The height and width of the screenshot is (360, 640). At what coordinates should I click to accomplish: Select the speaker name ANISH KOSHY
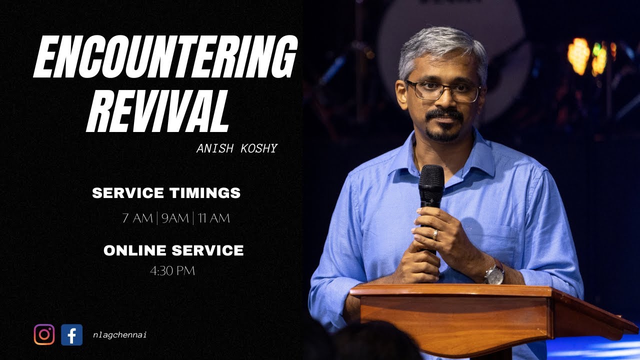236,148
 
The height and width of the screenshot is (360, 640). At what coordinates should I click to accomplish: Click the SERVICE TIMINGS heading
166,193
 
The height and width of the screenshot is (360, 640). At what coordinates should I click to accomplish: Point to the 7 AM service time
137,218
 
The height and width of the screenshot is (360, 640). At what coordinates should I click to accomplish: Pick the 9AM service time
175,218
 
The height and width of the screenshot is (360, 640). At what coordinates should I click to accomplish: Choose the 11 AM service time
213,218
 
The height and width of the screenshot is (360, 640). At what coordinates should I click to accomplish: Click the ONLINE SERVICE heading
173,250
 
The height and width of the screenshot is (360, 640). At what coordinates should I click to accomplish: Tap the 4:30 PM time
172,271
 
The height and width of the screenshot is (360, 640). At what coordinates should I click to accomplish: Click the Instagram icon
44,334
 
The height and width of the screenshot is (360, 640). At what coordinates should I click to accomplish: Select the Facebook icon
71,334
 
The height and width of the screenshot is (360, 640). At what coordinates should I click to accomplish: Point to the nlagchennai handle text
119,335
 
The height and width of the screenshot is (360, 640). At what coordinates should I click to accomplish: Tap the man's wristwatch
494,273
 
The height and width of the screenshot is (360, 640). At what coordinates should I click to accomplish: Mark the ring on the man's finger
435,233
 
